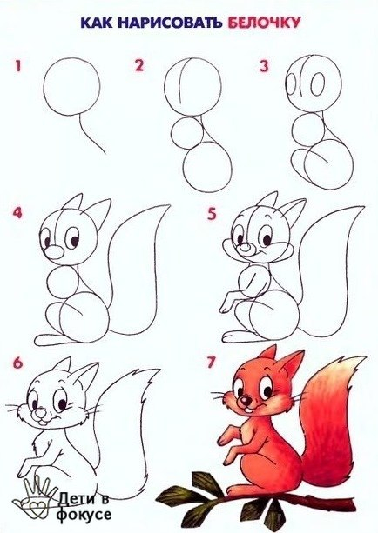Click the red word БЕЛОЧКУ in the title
pyautogui.click(x=264, y=23)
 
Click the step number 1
pyautogui.click(x=17, y=65)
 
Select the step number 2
pyautogui.click(x=139, y=65)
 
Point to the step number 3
pyautogui.click(x=264, y=66)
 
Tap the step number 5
pyautogui.click(x=212, y=214)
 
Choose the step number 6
pyautogui.click(x=17, y=363)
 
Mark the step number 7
pyautogui.click(x=211, y=363)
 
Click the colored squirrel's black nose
pyautogui.click(x=245, y=401)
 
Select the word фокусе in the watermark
pyautogui.click(x=84, y=514)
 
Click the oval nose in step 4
pyautogui.click(x=54, y=252)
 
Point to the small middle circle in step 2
pyautogui.click(x=187, y=133)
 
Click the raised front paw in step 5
pyautogui.click(x=227, y=302)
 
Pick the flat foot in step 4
pyautogui.click(x=55, y=340)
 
